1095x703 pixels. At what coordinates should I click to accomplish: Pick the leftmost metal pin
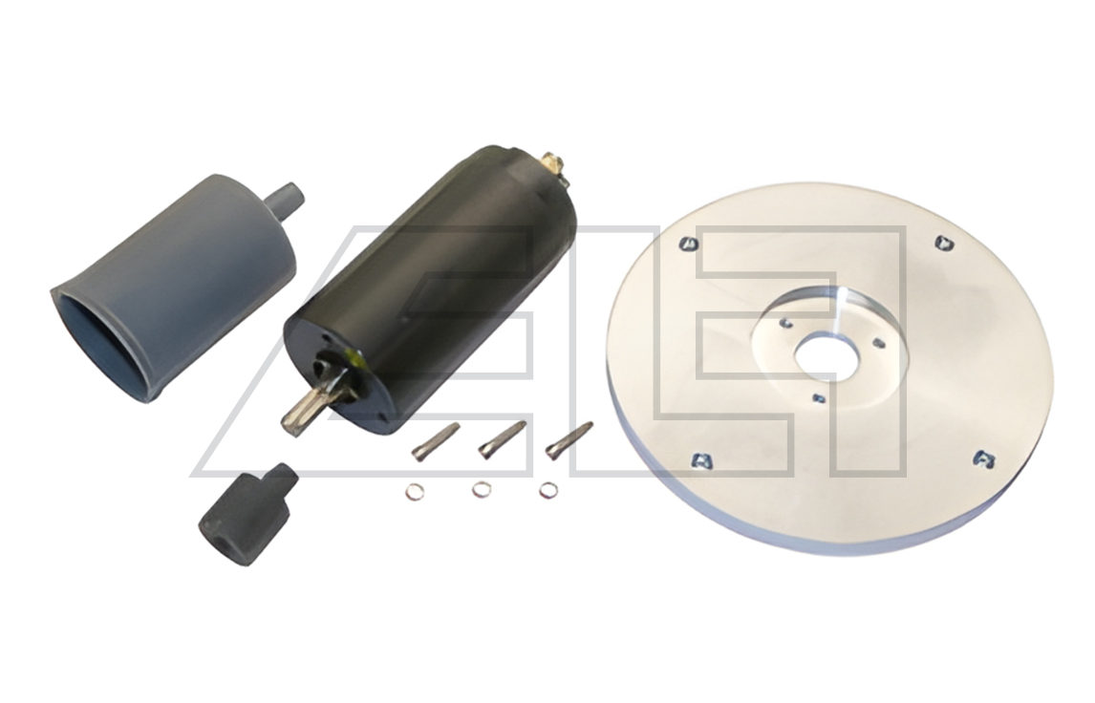coord(435,442)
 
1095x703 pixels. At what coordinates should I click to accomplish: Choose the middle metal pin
coord(502,439)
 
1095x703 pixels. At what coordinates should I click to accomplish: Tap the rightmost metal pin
coord(569,440)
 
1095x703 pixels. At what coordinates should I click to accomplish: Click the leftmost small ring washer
coord(414,492)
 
